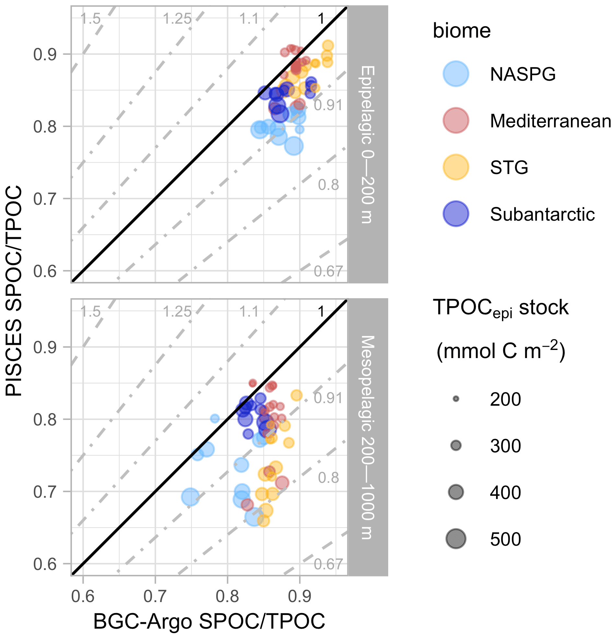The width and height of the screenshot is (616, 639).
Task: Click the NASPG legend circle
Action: pyautogui.click(x=456, y=74)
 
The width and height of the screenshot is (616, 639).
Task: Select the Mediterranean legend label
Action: pyautogui.click(x=550, y=121)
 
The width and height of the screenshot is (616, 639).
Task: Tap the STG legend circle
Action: pyautogui.click(x=456, y=168)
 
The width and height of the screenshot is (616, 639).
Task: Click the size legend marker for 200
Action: pyautogui.click(x=456, y=399)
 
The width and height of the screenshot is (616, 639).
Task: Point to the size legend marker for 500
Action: pyautogui.click(x=456, y=539)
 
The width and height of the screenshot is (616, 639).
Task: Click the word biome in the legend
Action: pyautogui.click(x=461, y=31)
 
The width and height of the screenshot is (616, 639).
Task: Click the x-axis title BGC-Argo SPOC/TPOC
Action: pyautogui.click(x=209, y=621)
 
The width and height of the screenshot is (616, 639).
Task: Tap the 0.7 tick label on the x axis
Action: pyautogui.click(x=155, y=597)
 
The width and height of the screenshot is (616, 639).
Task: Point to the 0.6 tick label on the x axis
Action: pyautogui.click(x=83, y=597)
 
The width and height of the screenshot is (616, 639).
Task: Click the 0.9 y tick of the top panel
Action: pyautogui.click(x=45, y=54)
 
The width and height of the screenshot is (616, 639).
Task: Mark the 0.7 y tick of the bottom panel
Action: pyautogui.click(x=45, y=492)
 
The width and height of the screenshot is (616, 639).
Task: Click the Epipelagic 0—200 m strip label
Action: pyautogui.click(x=367, y=145)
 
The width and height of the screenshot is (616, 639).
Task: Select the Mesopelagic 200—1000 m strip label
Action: pyautogui.click(x=367, y=437)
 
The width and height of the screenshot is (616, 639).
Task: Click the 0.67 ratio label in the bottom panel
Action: pyautogui.click(x=328, y=564)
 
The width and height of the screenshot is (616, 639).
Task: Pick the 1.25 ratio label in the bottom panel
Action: pyautogui.click(x=177, y=312)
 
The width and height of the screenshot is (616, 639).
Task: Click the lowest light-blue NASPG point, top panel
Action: pyautogui.click(x=294, y=146)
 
